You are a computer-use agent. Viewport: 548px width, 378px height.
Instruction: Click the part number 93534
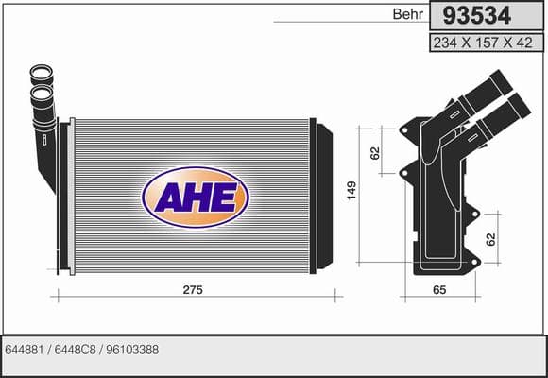[477, 16]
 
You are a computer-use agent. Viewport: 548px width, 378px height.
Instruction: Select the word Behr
[408, 14]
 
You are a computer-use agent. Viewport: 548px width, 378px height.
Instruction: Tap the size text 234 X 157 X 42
[483, 43]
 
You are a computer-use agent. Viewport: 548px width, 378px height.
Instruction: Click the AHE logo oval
[196, 198]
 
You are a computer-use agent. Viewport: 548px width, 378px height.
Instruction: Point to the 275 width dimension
[193, 290]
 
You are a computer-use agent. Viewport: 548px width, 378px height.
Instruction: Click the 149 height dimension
[351, 191]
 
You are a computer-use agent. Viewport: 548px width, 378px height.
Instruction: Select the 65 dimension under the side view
[439, 290]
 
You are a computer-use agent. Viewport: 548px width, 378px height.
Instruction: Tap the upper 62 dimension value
[375, 153]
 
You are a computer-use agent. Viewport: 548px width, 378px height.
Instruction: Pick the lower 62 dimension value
[491, 239]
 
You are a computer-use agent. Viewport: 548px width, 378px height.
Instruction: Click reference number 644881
[25, 350]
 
